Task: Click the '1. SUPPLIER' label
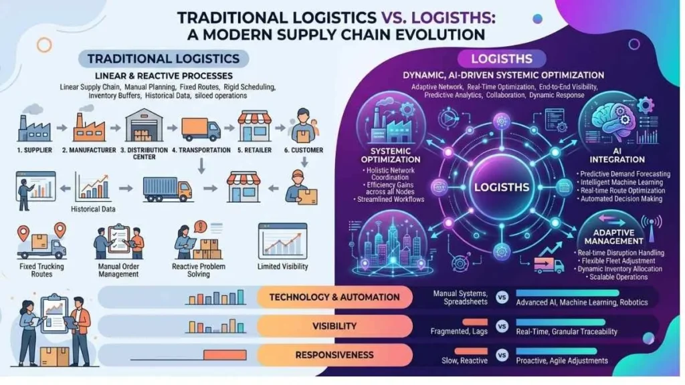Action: click(33, 150)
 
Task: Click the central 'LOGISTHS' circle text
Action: click(502, 188)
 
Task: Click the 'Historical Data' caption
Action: click(94, 209)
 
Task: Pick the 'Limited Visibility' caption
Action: click(283, 267)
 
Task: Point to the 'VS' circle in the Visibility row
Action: click(502, 326)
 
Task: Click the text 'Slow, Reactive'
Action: click(465, 360)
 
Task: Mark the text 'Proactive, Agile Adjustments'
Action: click(562, 360)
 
